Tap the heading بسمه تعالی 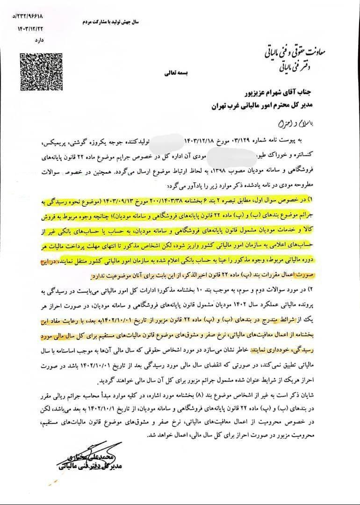(173, 73)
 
